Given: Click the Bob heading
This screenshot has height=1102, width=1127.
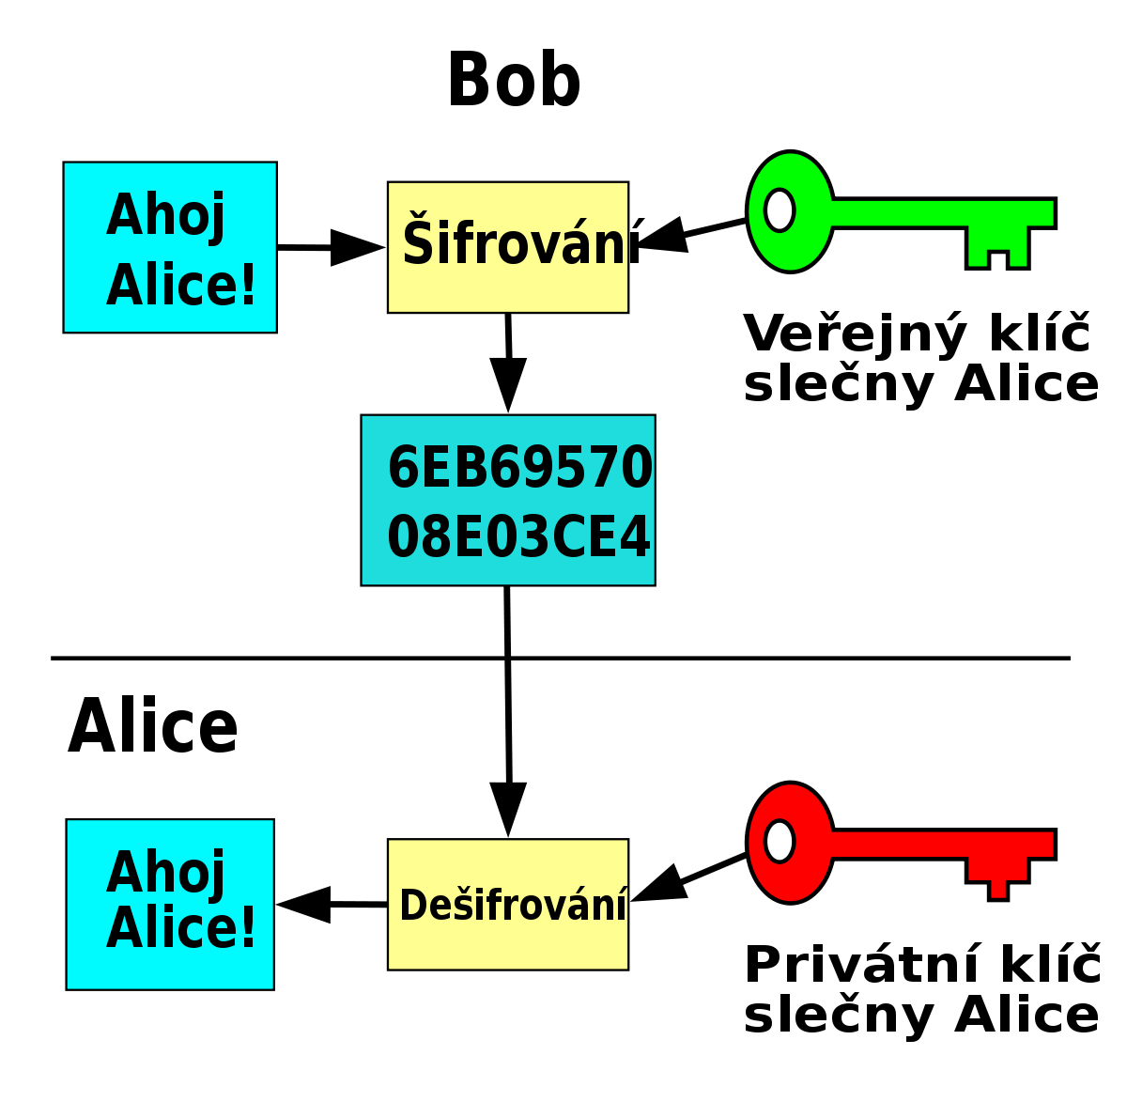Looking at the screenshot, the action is point(513,79).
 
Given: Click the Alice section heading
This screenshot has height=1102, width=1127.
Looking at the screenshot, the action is point(153,725).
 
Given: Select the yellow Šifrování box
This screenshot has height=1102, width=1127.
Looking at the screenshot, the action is point(508,247).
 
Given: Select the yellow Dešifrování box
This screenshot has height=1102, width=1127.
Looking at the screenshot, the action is point(508,905).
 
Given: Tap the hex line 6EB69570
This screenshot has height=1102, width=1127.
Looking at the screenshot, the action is point(519,468).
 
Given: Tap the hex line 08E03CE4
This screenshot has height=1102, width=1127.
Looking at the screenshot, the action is point(518,537).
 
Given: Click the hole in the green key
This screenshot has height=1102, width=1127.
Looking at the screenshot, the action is point(779,210).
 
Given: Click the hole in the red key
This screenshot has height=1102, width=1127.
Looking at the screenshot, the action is point(779,841).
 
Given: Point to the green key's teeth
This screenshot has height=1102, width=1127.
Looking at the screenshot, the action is point(997,248).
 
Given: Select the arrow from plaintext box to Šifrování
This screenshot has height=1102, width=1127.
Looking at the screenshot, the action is point(332,247).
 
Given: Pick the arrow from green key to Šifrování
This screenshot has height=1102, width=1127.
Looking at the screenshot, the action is point(690,234).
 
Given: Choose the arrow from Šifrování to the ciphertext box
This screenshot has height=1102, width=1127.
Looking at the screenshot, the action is point(508,363).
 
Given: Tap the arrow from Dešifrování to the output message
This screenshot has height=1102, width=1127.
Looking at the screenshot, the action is point(332,905).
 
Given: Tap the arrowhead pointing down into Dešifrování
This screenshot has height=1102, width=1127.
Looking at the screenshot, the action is point(508,810).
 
